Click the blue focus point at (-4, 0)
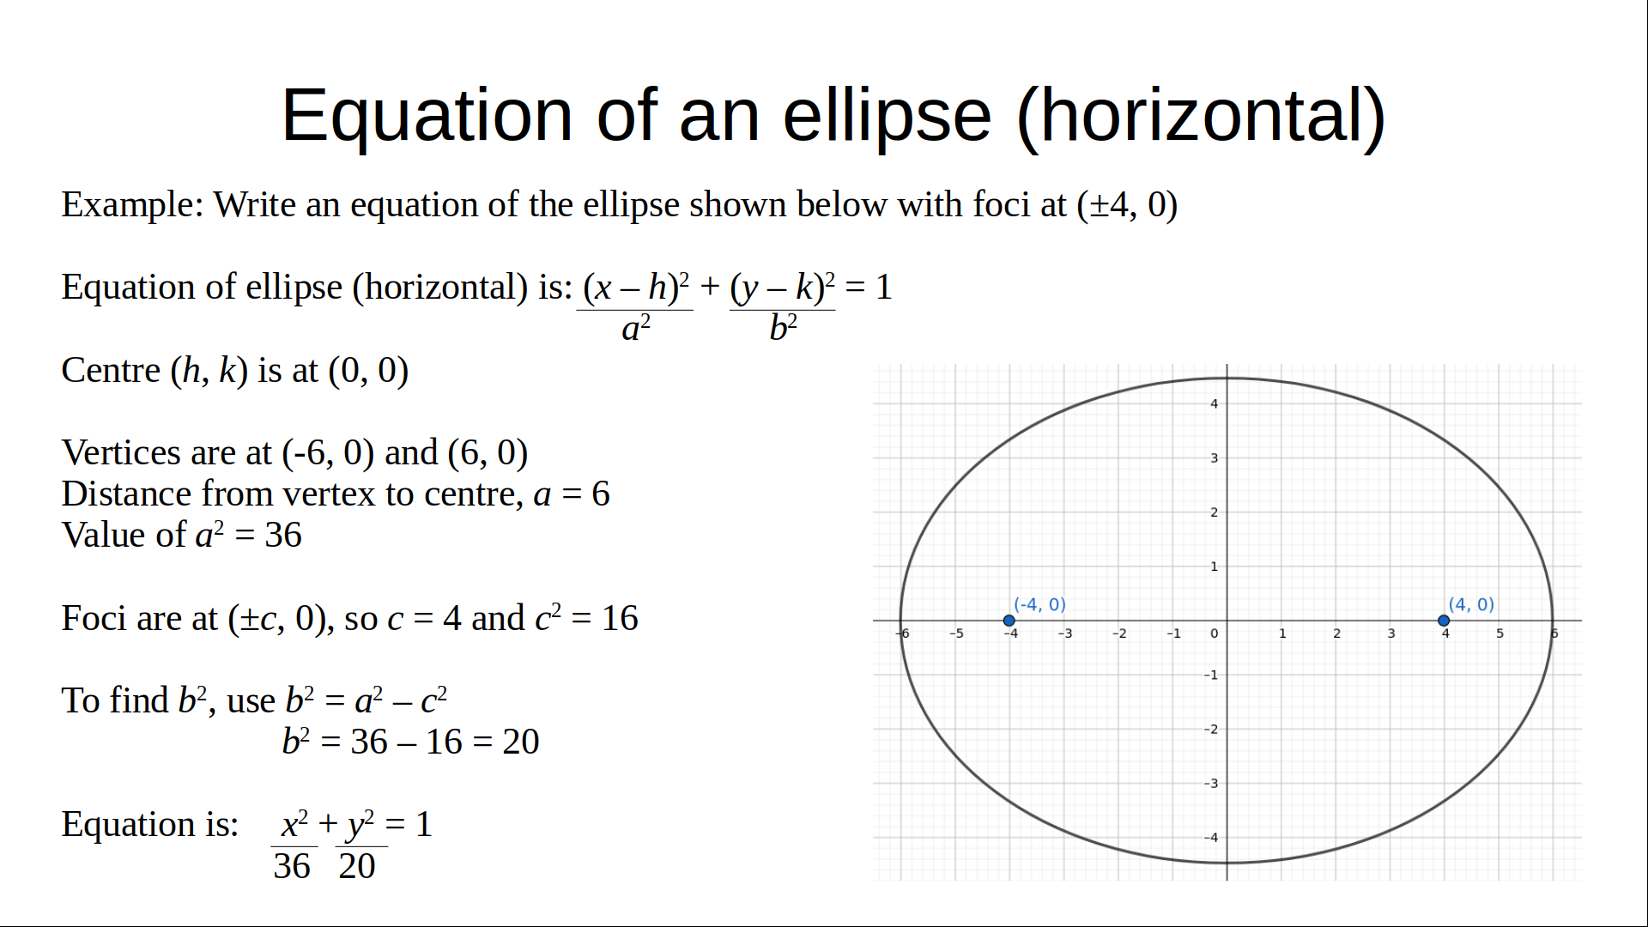(x=1009, y=621)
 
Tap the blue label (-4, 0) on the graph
(x=1039, y=604)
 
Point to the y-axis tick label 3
(x=1214, y=458)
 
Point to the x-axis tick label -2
(x=1119, y=633)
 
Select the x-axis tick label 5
(x=1500, y=633)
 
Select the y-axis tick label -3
(x=1210, y=784)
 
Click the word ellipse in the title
(x=887, y=116)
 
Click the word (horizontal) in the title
(x=1201, y=116)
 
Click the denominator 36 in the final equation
(x=292, y=866)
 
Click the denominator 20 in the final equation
(x=357, y=866)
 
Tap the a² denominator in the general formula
(x=636, y=328)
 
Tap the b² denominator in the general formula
(x=783, y=328)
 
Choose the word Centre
(x=111, y=370)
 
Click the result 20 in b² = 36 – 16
(x=520, y=742)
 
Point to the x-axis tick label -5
(x=956, y=633)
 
